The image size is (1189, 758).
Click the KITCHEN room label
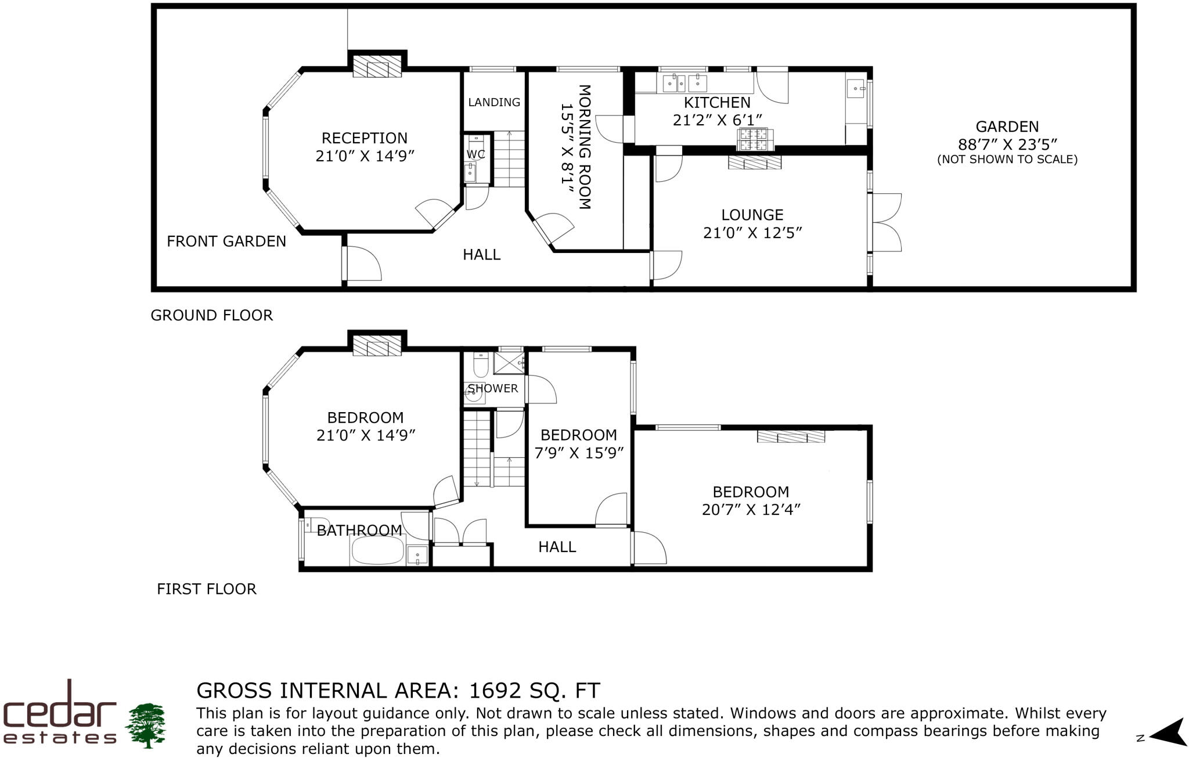coord(717,103)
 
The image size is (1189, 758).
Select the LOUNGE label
coord(752,215)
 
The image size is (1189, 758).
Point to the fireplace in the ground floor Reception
coord(377,66)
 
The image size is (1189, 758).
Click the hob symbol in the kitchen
coord(752,139)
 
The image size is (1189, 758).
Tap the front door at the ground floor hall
coord(361,264)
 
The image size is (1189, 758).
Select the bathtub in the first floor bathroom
coord(378,550)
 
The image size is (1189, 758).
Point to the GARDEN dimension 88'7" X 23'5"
coord(1007,144)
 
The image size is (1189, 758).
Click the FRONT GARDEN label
coord(226,241)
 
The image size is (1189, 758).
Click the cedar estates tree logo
coord(145,725)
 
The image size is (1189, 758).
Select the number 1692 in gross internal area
coord(495,691)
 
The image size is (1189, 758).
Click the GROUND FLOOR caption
coord(211,315)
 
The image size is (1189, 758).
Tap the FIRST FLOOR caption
coord(206,589)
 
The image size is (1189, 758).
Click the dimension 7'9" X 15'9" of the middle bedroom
coord(579,453)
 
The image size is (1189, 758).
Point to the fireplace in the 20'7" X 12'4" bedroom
coord(791,436)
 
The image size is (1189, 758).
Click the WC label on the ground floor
coord(475,154)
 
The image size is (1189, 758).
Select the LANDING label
coord(494,102)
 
